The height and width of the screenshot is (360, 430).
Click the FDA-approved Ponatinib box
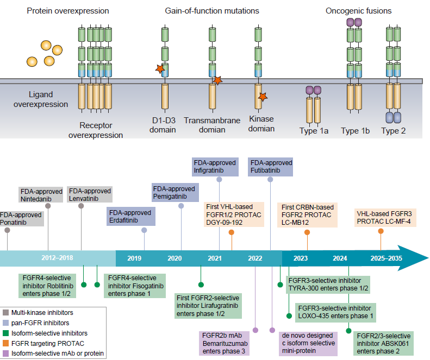tap(21, 218)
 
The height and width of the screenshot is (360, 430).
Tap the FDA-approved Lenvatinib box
tap(90, 194)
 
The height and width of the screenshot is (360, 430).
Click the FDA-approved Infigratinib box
tap(215, 166)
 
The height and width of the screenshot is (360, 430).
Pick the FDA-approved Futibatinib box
tap(270, 166)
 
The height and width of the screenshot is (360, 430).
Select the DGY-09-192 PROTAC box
tap(234, 214)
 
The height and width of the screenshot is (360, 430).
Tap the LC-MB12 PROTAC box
tap(307, 214)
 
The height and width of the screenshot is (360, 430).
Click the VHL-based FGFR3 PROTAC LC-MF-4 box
tap(383, 218)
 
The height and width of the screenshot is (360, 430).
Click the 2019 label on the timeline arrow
tap(134, 258)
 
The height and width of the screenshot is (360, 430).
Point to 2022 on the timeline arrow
tap(254, 258)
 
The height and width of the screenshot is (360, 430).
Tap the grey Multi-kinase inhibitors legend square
tap(6, 312)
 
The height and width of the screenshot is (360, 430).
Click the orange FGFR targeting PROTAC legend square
tap(6, 343)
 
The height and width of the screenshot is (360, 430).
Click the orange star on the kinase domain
tap(263, 97)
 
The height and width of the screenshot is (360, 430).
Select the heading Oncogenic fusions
tap(358, 11)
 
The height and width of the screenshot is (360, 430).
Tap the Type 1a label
tap(314, 131)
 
